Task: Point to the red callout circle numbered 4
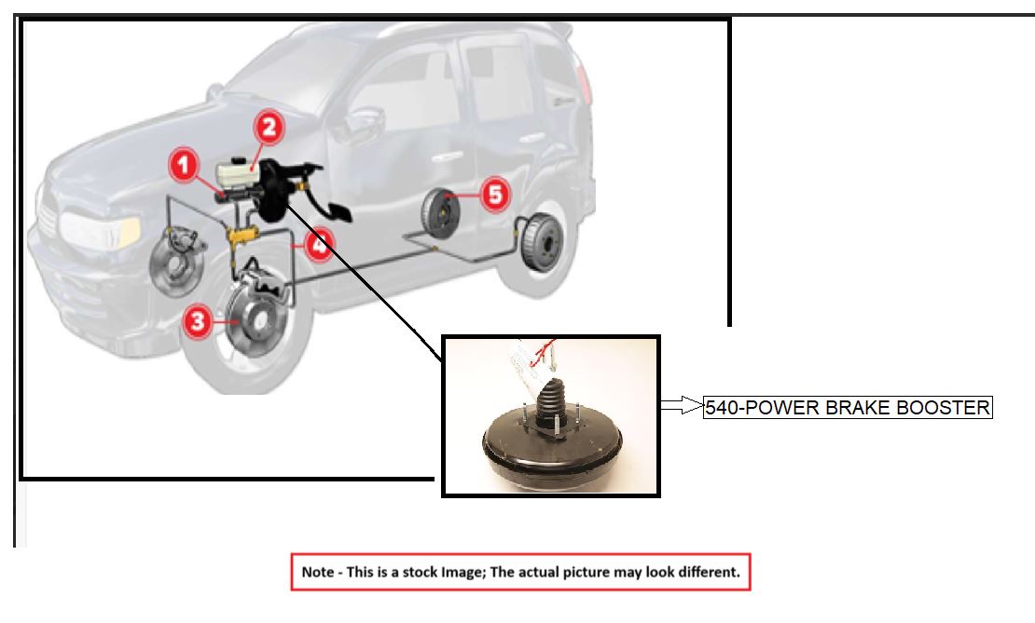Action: pos(318,246)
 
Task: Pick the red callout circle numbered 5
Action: pos(494,195)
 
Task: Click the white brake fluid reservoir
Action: pos(240,174)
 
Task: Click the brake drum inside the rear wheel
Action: pos(539,244)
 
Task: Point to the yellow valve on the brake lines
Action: pos(243,238)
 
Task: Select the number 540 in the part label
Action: pos(721,408)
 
